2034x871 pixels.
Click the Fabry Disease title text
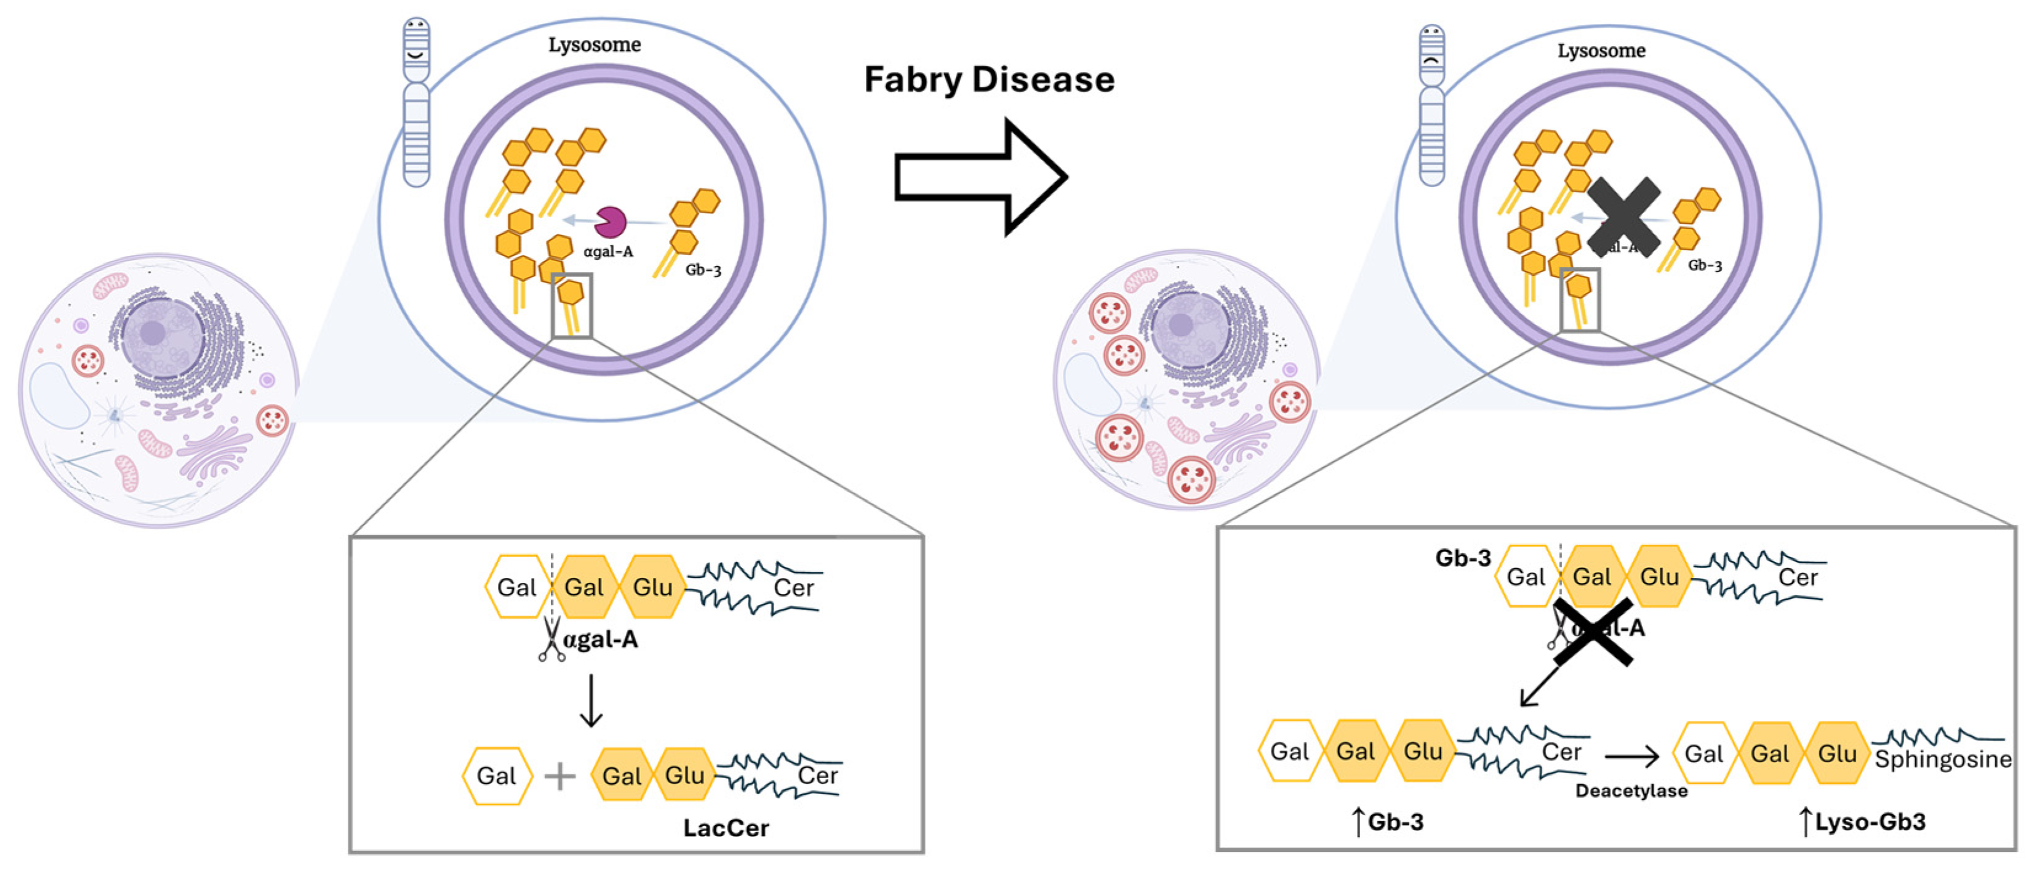[x=988, y=80]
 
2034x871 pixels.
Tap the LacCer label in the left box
[x=725, y=827]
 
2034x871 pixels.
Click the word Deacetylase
[x=1632, y=790]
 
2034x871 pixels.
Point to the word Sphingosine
[x=1943, y=760]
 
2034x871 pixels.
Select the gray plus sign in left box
[x=560, y=776]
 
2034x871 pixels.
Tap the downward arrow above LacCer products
[x=591, y=700]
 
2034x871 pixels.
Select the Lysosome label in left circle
[x=595, y=45]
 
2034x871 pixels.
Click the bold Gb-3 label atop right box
[x=1462, y=558]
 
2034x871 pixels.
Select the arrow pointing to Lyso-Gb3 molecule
[x=1632, y=757]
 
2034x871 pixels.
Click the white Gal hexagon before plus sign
[x=496, y=776]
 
